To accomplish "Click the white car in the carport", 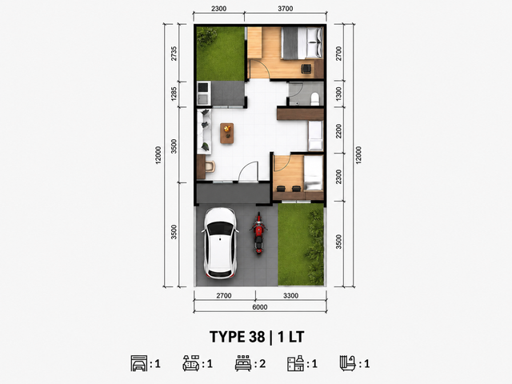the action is [220, 243].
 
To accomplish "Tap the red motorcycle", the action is [258, 233].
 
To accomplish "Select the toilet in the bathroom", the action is [314, 99].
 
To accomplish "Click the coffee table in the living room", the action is [226, 134].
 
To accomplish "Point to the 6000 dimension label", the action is [260, 307].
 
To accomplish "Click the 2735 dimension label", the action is [174, 54].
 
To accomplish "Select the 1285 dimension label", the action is [174, 94].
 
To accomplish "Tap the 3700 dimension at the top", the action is [286, 9].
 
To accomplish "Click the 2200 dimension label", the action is [338, 131].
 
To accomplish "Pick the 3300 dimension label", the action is [290, 295].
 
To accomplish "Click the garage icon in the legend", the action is [139, 363].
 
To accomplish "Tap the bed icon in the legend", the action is [243, 363].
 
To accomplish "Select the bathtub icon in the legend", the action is [348, 363].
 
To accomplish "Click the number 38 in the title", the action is [258, 337].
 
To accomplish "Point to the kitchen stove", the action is [203, 87].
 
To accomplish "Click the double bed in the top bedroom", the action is [302, 43].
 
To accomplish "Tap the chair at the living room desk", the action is [210, 166].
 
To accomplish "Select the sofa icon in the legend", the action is [191, 363].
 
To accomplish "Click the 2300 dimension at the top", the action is [218, 9].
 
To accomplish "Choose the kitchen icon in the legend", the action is [295, 363].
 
